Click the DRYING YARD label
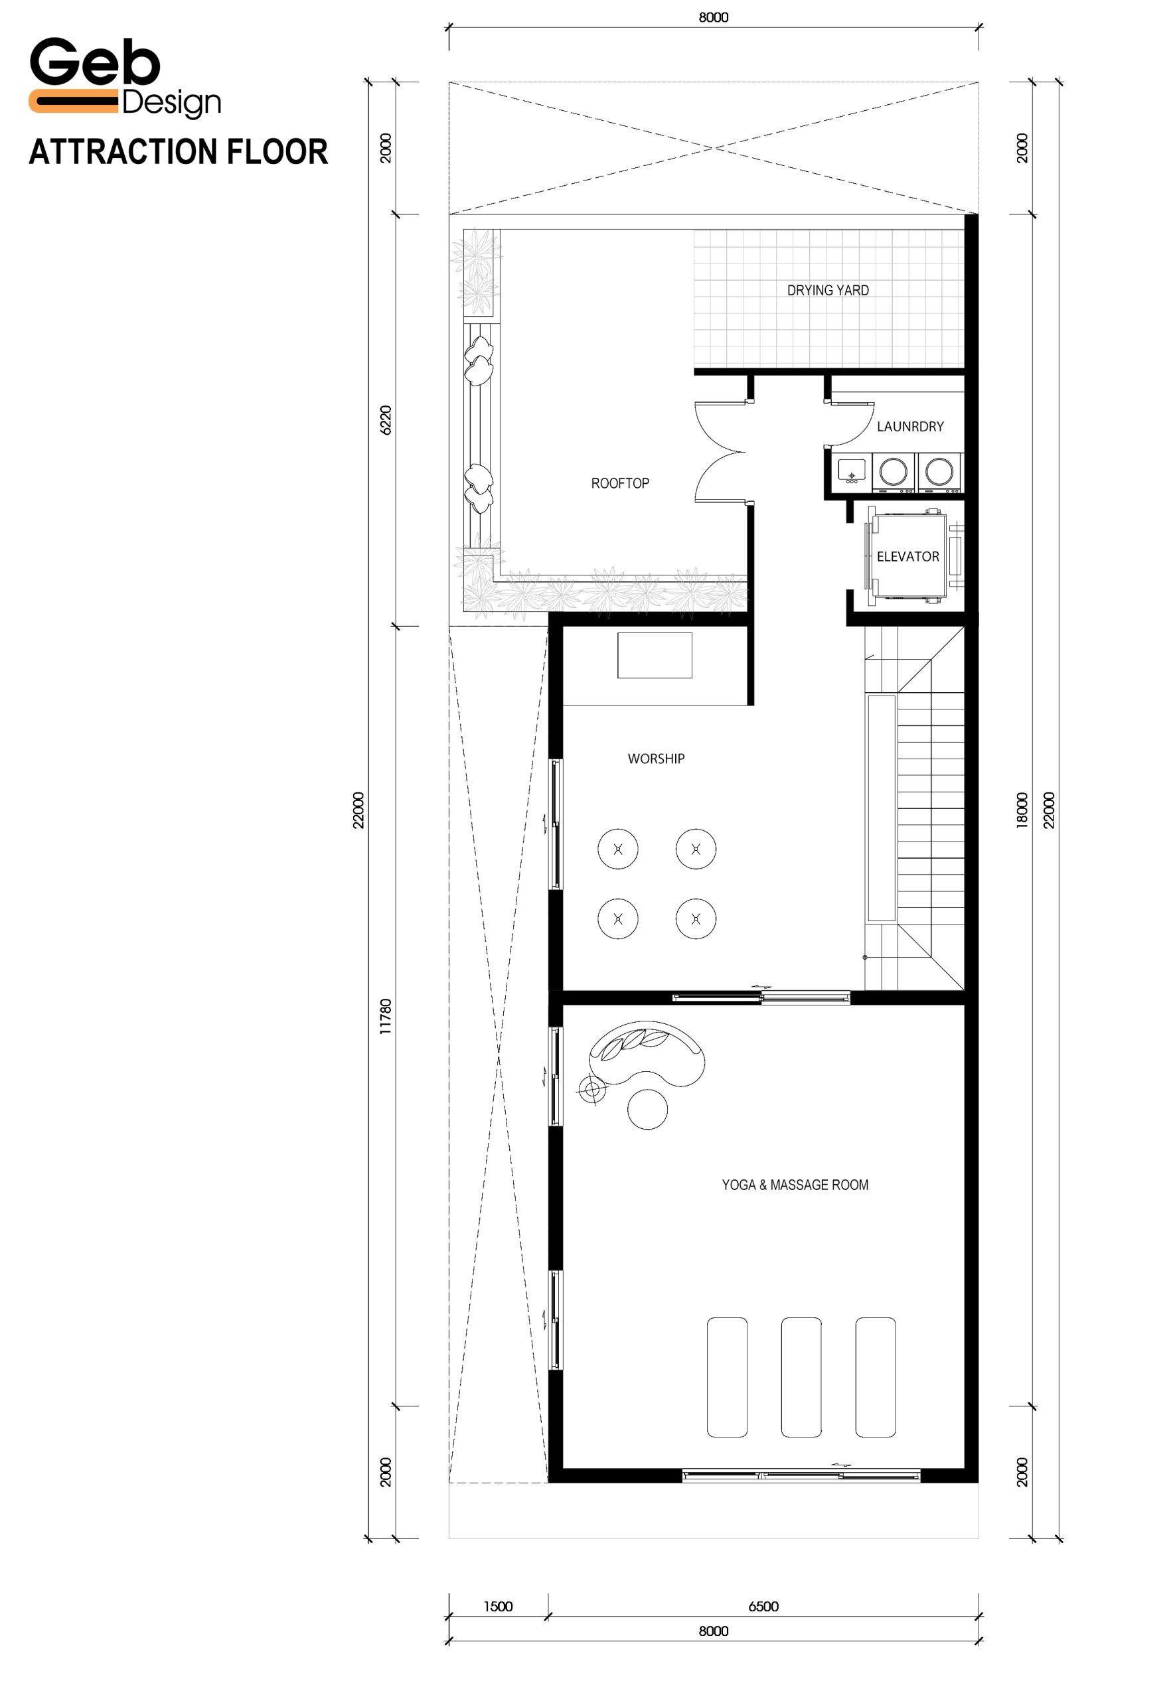[x=828, y=290]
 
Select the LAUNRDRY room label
[x=910, y=426]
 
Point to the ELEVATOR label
[x=907, y=556]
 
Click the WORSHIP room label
[x=656, y=759]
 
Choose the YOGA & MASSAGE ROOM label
[x=795, y=1185]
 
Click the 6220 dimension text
[x=386, y=419]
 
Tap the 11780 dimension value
[x=386, y=1016]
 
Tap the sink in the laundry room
[x=852, y=471]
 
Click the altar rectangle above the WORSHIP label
[x=654, y=655]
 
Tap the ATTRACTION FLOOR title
[x=179, y=151]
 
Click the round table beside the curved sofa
[x=647, y=1108]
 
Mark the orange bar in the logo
[x=73, y=101]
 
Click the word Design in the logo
[x=171, y=104]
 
